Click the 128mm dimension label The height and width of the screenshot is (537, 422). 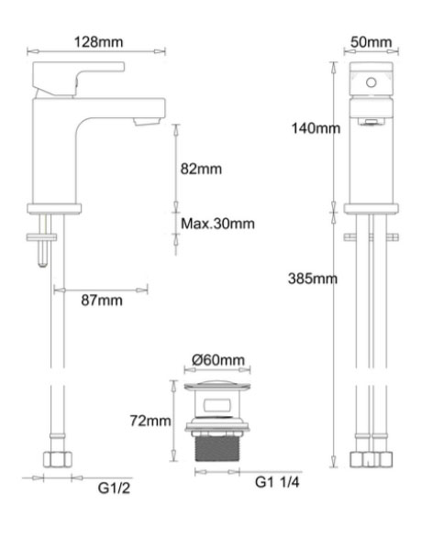click(x=98, y=42)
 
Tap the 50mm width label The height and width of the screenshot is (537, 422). click(x=371, y=42)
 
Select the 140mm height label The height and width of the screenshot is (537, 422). click(x=316, y=128)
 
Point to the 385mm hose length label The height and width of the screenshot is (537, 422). click(x=313, y=279)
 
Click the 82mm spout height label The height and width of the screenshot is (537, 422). click(x=201, y=169)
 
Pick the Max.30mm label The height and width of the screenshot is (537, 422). click(x=217, y=224)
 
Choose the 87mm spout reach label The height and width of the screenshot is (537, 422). click(x=102, y=301)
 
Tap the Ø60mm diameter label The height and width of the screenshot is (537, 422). click(x=218, y=359)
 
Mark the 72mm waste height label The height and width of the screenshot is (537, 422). click(x=150, y=421)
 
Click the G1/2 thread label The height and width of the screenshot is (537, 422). click(x=114, y=488)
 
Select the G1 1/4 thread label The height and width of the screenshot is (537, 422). click(x=277, y=482)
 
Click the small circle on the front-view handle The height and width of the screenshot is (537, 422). click(x=372, y=82)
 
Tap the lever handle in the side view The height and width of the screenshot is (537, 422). click(x=78, y=79)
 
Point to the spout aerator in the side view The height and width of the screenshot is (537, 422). click(x=148, y=121)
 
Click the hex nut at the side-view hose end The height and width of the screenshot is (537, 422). click(x=58, y=459)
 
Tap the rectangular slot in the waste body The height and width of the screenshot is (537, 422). click(x=217, y=405)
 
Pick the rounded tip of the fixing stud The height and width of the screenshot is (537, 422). click(x=43, y=263)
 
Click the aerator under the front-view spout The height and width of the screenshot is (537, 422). click(x=371, y=122)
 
